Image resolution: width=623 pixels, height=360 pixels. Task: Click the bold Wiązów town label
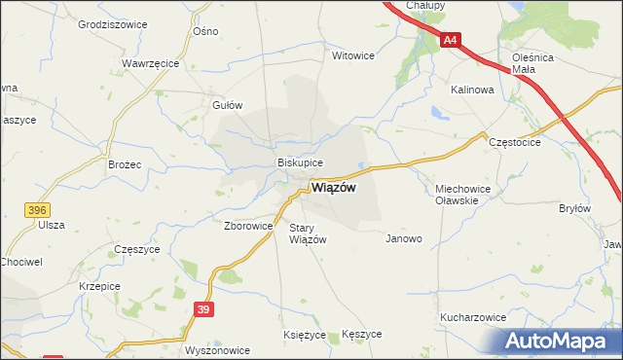click(x=333, y=189)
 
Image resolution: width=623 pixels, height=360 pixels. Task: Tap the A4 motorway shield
click(x=450, y=41)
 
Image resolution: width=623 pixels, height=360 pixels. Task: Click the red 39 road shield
click(x=202, y=309)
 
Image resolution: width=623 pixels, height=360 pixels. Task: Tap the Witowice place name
click(x=353, y=55)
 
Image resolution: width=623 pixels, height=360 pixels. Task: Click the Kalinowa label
click(x=472, y=89)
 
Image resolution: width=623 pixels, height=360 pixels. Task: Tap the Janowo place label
click(x=404, y=238)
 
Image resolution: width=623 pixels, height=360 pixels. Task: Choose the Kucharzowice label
click(x=472, y=317)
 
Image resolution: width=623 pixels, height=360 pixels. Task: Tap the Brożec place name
click(x=125, y=165)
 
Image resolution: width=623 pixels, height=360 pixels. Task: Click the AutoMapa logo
click(x=560, y=341)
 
